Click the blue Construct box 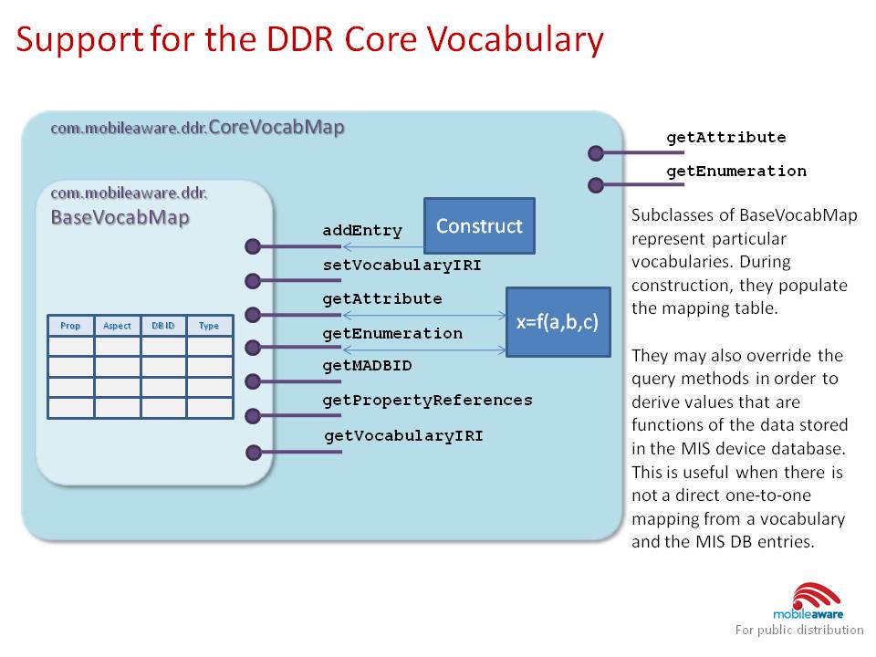point(479,225)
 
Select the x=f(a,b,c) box point(558,322)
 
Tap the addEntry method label point(361,231)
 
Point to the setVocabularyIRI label point(401,266)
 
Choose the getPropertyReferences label point(427,400)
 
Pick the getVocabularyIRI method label point(403,435)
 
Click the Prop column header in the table point(70,326)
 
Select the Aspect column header point(117,326)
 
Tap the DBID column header point(163,326)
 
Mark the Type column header point(209,326)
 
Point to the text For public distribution point(799,630)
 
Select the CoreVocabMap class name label point(276,128)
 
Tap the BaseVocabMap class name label point(119,218)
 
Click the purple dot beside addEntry point(254,245)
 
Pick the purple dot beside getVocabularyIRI point(254,451)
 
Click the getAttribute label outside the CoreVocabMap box point(725,138)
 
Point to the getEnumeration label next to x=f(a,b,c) point(392,333)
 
